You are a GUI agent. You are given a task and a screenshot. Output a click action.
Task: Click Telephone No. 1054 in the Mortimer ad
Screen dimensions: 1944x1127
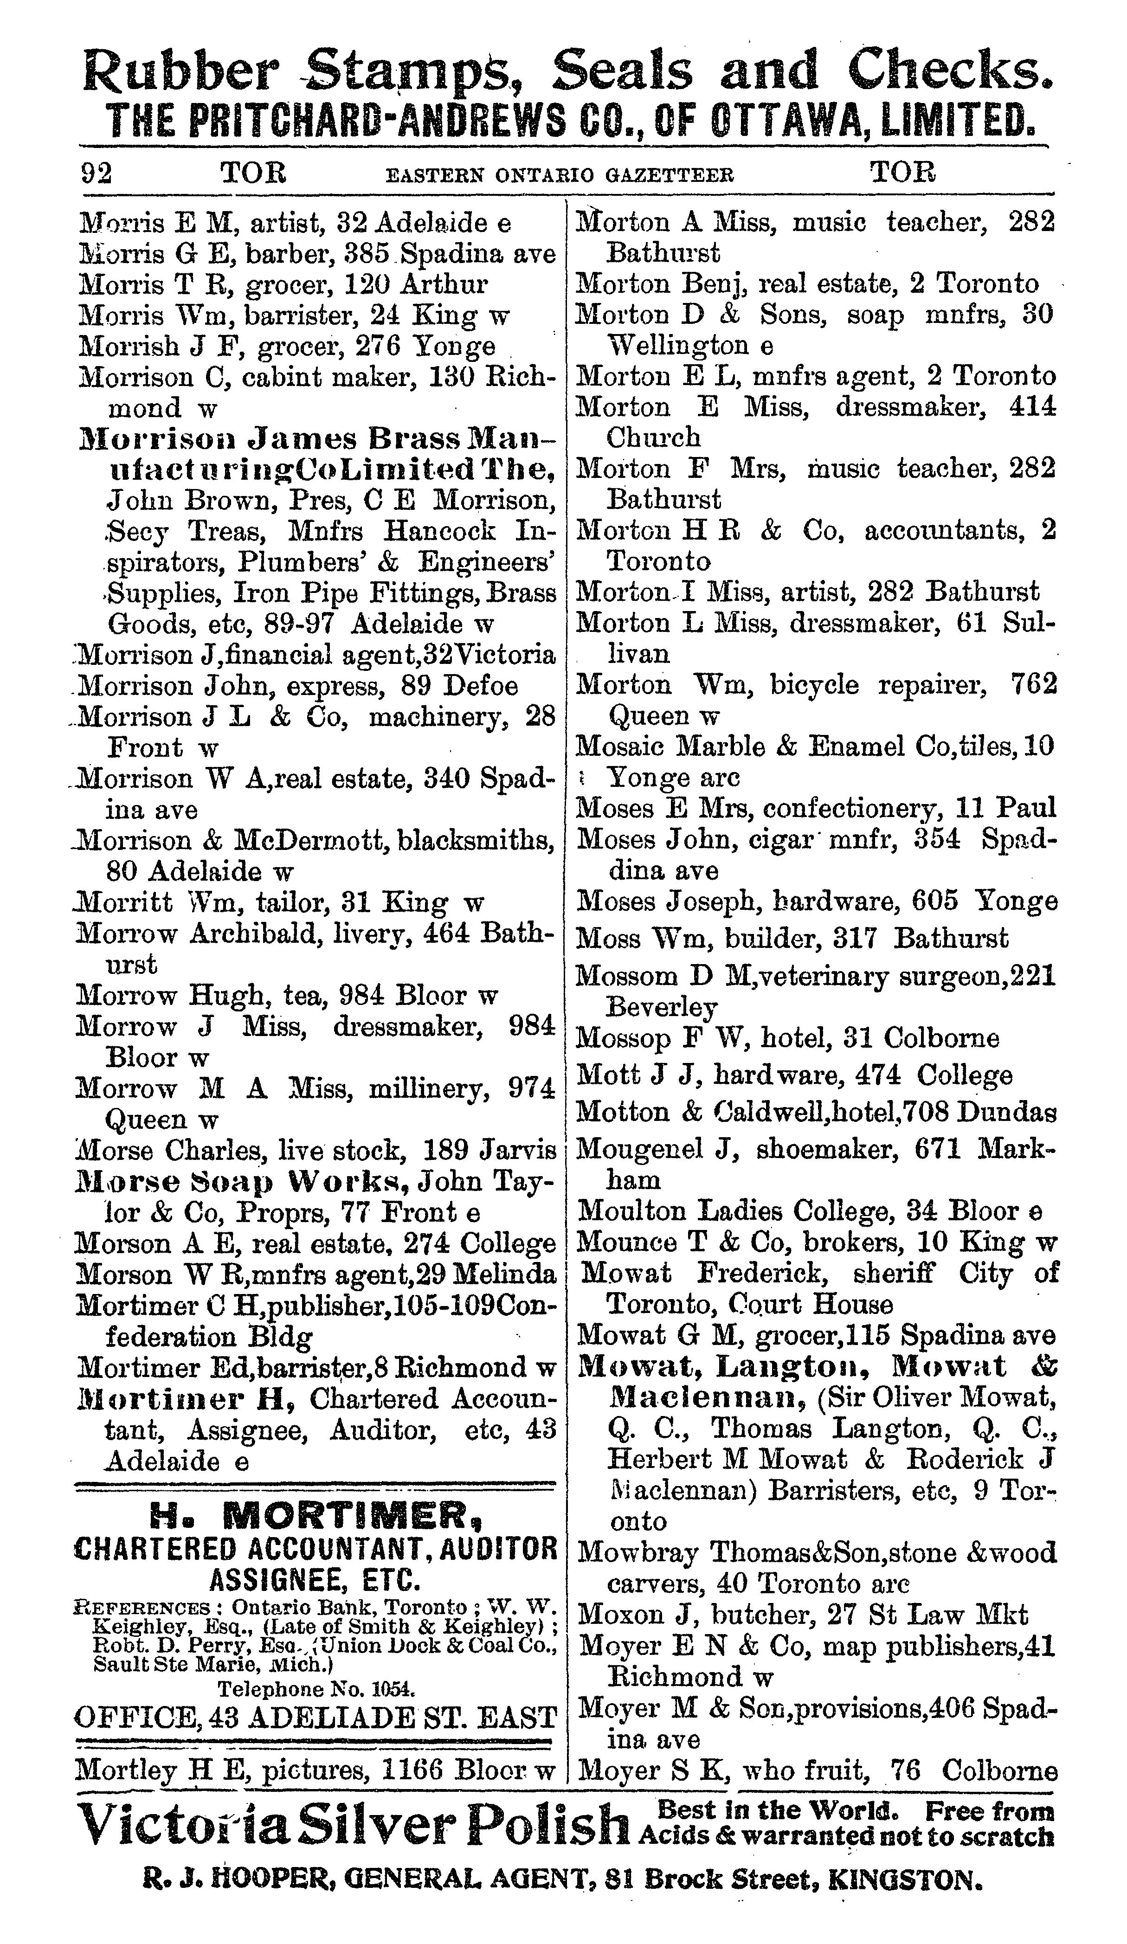coord(316,1689)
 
